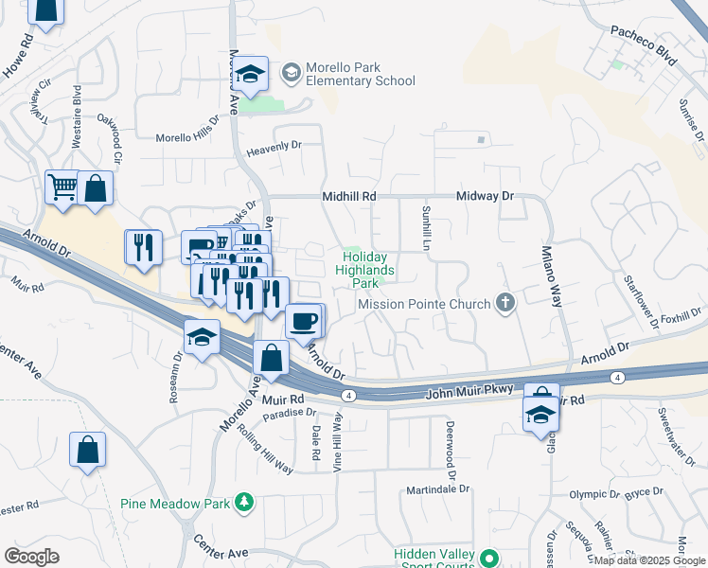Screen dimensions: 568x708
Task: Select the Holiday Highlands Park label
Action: tap(364, 269)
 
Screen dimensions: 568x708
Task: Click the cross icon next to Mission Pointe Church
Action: tap(506, 304)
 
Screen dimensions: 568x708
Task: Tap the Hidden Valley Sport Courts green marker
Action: tap(488, 559)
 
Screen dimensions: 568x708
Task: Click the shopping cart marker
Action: tap(62, 186)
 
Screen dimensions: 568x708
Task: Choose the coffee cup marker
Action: tap(303, 321)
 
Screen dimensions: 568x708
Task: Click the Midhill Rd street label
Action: tap(349, 196)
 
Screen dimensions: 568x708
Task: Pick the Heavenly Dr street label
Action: tap(273, 146)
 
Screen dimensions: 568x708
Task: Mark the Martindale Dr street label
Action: tap(438, 488)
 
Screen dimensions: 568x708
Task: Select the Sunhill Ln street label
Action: tap(427, 227)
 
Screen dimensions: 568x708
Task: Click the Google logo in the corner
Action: tap(32, 557)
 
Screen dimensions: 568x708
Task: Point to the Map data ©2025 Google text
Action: tap(648, 560)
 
